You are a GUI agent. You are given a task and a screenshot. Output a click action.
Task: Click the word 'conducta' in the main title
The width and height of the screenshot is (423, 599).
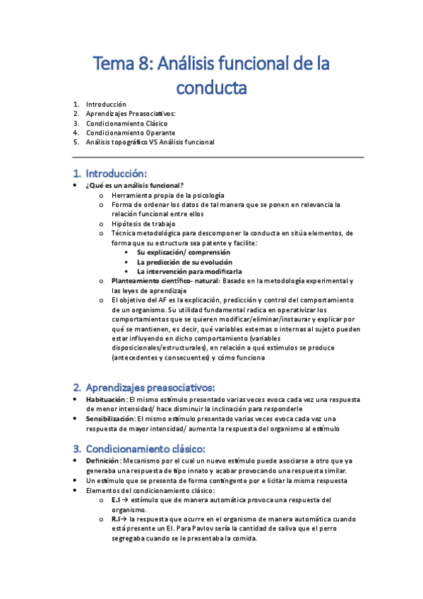click(211, 88)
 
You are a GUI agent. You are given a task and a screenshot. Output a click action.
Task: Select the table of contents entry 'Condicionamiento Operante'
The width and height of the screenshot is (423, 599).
click(131, 132)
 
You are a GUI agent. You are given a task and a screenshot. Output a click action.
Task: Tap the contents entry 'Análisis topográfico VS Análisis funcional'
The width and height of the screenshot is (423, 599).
click(150, 142)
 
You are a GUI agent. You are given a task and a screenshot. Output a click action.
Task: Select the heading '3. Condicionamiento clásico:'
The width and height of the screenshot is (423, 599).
click(145, 449)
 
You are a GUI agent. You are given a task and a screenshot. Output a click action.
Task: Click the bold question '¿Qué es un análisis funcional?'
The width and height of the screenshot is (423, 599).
click(134, 185)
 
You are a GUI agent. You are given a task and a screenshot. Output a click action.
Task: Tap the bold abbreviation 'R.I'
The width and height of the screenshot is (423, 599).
click(117, 519)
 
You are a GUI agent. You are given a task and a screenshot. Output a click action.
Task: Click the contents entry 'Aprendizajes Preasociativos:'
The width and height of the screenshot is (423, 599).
click(131, 113)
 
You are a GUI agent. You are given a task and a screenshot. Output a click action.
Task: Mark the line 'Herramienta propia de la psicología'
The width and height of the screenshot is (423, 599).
click(168, 195)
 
